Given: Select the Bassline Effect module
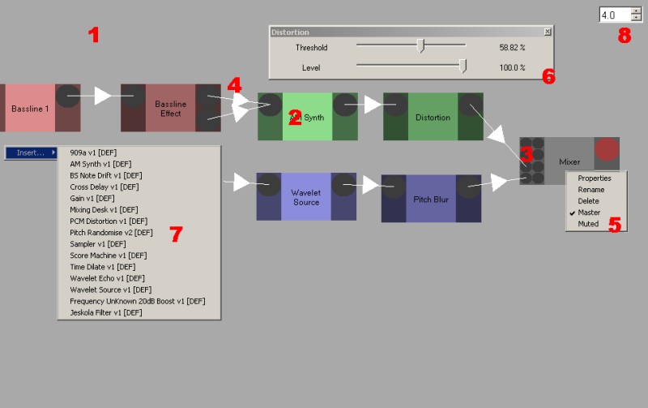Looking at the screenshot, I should coord(170,108).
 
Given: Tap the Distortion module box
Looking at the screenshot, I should coord(433,117).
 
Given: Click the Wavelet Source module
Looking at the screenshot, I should coord(305,196).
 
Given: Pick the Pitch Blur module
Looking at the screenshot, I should coord(431,199).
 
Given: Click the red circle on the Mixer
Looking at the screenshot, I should coord(606,148).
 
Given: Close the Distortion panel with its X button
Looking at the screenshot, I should coord(548,32).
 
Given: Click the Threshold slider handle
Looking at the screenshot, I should coord(420,46).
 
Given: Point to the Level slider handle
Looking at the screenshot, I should coord(463,67).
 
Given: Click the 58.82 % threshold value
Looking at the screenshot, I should coord(512,48).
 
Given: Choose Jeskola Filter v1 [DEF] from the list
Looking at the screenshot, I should coord(106,312).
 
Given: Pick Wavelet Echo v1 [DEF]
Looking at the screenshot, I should coord(106,278).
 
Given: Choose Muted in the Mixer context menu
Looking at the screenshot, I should coord(588,224).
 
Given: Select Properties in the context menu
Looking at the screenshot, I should coord(595,178).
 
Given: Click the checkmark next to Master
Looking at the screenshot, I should coord(571,213).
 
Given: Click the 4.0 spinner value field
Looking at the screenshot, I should coord(613,15).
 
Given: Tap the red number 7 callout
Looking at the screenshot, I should coord(176,234).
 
